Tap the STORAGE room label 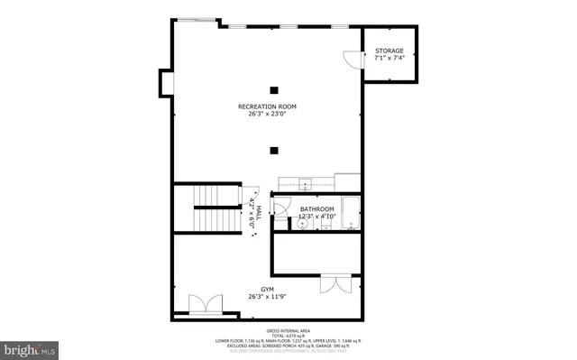(389, 51)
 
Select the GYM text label (268, 290)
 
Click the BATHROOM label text (316, 209)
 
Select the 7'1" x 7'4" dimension (389, 59)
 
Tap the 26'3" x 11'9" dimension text (268, 297)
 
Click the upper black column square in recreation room (274, 88)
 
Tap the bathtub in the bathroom (350, 217)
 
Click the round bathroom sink (302, 226)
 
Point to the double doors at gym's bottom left (204, 305)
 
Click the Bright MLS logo (30, 346)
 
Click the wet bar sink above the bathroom (305, 180)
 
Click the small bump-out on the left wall (166, 82)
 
